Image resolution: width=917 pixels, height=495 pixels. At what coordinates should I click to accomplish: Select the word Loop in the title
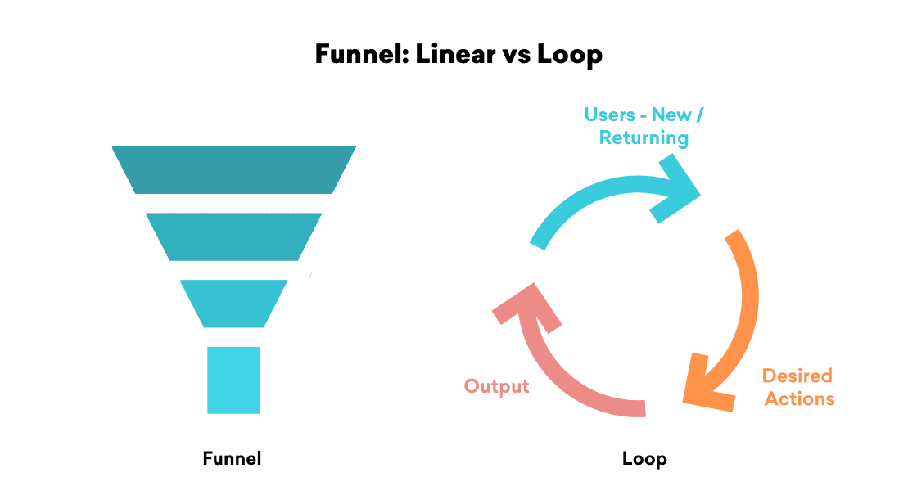coord(570,55)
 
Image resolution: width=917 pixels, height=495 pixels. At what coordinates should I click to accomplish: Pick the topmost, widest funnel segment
coord(234,169)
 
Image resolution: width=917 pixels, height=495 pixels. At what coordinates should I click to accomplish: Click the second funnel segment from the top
coord(234,236)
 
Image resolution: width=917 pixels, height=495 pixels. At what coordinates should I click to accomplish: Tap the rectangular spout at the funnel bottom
coord(234,380)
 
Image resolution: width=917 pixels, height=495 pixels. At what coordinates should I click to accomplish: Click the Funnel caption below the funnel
coord(232,458)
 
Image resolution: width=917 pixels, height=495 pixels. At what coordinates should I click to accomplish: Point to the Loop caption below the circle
coord(644,458)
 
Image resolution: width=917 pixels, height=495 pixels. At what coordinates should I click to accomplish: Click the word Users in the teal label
coord(610,115)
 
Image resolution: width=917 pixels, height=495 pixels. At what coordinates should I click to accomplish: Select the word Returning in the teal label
coord(644,137)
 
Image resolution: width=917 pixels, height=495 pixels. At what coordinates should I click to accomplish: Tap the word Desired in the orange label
coord(797,376)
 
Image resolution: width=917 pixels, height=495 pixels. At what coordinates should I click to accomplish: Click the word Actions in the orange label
coord(797,398)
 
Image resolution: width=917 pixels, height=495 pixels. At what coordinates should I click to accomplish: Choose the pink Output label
coord(496,385)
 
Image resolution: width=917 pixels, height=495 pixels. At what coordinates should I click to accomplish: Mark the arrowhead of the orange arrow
coord(706,385)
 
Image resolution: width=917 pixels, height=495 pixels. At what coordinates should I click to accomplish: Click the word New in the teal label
coord(672,115)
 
